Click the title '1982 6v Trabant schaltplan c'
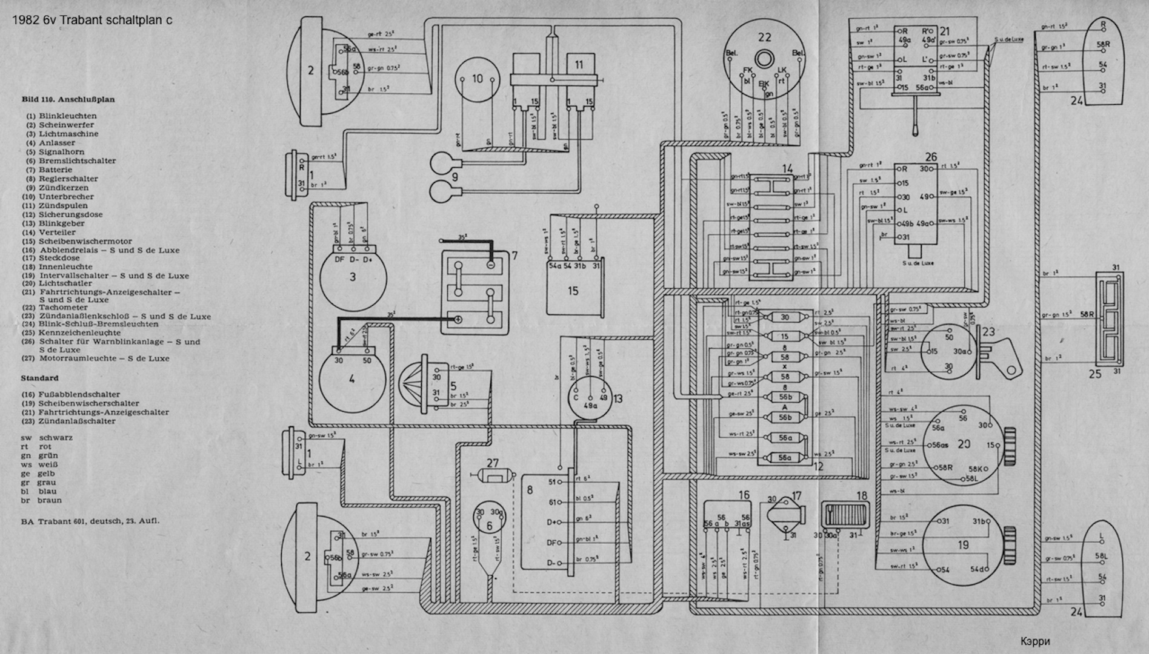pyautogui.click(x=92, y=20)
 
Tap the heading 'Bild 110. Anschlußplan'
pyautogui.click(x=68, y=99)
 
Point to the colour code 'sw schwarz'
pyautogui.click(x=47, y=437)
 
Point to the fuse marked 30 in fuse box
pyautogui.click(x=785, y=317)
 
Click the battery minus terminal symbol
pyautogui.click(x=490, y=265)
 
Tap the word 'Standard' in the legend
pyautogui.click(x=40, y=378)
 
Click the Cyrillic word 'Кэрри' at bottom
pyautogui.click(x=1035, y=641)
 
